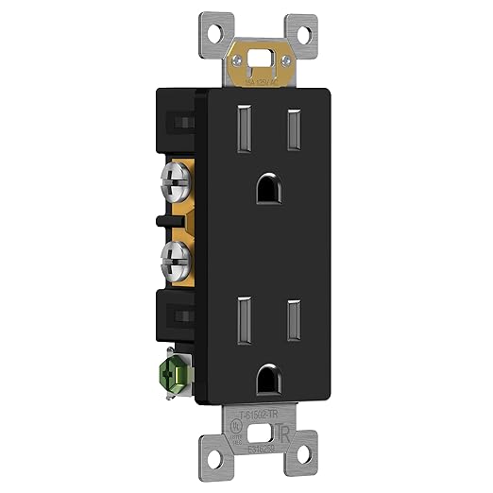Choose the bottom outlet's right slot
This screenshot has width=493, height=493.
(x=293, y=314)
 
